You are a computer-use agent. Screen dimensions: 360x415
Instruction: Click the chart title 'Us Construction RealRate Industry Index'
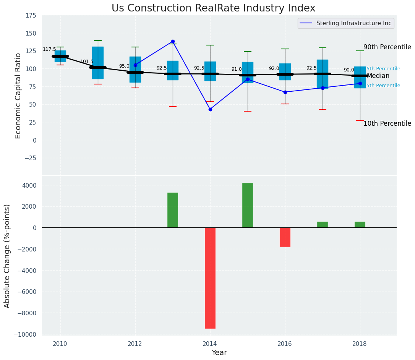[213, 8]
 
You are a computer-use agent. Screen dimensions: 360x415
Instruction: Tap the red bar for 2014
[210, 278]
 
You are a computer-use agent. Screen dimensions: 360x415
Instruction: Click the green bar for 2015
[248, 205]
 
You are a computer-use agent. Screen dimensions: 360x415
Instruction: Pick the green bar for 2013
[173, 210]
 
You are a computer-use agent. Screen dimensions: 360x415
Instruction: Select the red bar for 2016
[285, 237]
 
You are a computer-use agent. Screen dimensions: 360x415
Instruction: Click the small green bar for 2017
[323, 225]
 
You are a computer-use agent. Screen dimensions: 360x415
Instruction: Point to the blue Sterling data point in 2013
[173, 41]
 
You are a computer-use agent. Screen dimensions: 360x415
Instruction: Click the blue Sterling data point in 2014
[210, 109]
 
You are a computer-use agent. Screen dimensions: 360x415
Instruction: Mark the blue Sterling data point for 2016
[285, 92]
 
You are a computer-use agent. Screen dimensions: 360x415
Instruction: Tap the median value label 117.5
[49, 49]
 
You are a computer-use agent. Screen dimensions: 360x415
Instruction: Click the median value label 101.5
[87, 62]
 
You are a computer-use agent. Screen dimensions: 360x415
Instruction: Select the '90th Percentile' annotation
[387, 47]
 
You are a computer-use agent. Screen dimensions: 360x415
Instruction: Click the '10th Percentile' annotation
[387, 123]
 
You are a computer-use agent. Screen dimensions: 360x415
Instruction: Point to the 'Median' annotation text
[378, 76]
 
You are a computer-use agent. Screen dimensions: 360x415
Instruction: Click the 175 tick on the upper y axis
[31, 15]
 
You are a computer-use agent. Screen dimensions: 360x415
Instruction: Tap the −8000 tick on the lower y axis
[26, 313]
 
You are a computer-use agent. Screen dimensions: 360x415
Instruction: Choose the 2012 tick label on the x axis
[135, 344]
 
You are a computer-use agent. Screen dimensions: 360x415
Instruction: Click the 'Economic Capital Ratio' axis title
[18, 95]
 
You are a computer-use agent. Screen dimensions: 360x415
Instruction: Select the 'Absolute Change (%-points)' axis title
[7, 256]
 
